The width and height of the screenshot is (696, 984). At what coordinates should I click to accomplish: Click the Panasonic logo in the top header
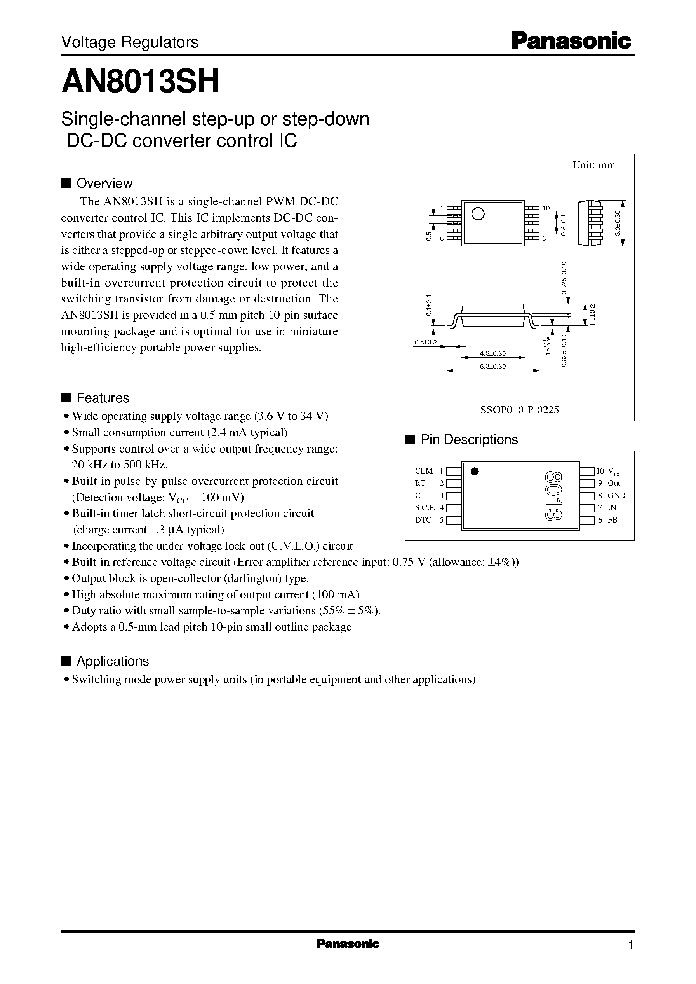(571, 42)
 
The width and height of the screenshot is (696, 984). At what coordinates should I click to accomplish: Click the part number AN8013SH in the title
(140, 81)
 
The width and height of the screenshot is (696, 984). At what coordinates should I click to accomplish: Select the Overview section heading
(104, 183)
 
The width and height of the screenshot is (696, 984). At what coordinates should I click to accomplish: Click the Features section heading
(103, 398)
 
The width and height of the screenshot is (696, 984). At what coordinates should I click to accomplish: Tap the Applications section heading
(112, 661)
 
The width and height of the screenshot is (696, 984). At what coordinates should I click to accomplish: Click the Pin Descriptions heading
(469, 440)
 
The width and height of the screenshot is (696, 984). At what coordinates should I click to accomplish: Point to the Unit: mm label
(593, 165)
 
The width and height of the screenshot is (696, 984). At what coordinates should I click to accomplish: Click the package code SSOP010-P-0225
(519, 410)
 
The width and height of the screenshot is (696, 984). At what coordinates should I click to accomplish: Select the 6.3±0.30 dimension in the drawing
(493, 366)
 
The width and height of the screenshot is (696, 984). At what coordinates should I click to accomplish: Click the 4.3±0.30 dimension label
(493, 353)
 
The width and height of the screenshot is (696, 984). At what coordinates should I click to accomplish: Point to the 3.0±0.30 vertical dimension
(618, 223)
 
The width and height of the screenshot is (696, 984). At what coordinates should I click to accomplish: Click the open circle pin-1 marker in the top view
(477, 213)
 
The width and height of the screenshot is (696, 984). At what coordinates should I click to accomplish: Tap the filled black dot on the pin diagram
(474, 472)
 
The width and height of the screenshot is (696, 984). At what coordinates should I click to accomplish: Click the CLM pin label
(424, 471)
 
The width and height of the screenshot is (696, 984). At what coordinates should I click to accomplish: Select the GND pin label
(616, 495)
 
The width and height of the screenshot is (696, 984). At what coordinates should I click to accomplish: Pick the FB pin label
(612, 520)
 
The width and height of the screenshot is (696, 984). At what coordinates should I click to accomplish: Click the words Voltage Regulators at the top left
(129, 42)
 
